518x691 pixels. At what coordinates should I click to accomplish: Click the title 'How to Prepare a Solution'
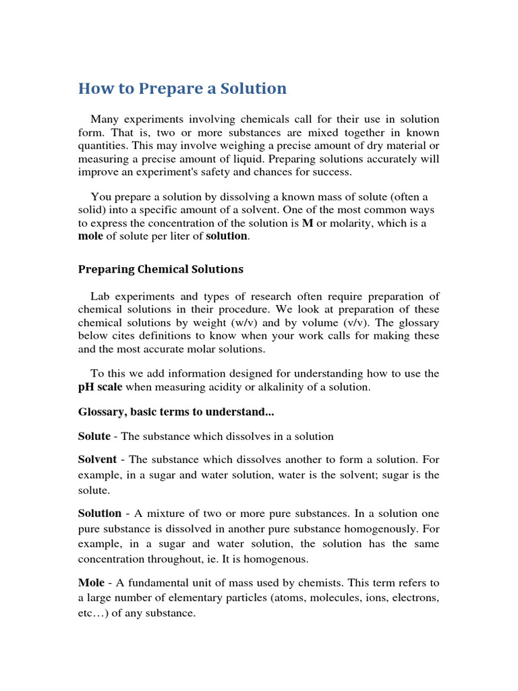point(182,88)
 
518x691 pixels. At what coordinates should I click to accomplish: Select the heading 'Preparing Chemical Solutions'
point(161,269)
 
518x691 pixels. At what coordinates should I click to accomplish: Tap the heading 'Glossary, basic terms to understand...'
point(176,411)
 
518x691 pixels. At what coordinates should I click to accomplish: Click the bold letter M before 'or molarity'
point(308,223)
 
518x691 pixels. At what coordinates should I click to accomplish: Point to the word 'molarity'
point(351,223)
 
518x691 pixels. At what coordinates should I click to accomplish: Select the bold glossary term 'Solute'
point(94,437)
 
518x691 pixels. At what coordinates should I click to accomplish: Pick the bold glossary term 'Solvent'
point(98,460)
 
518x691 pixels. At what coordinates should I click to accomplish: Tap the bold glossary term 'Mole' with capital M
point(91,582)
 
